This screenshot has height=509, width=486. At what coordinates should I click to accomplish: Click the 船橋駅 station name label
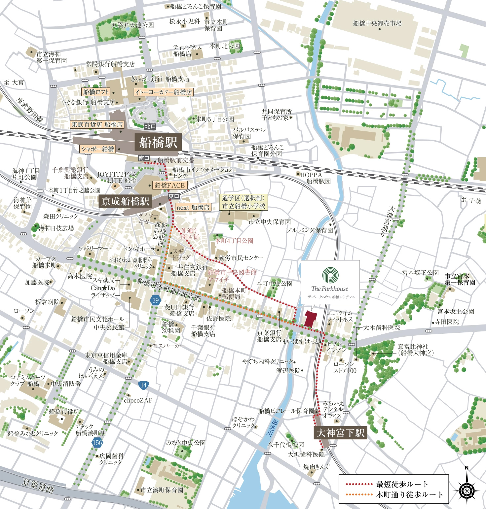pos(158,143)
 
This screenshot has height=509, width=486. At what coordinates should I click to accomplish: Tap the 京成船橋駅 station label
pos(126,201)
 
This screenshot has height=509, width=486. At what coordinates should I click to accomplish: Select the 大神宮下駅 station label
pos(340,433)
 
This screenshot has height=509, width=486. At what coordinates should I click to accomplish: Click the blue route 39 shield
pos(155,300)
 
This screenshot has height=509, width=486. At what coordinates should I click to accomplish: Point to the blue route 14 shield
pos(143,385)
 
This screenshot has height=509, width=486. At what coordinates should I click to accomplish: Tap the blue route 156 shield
pos(97,443)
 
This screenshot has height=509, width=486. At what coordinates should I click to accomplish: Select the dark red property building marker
pos(310,319)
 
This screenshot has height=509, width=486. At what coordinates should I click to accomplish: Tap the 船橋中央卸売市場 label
pos(377,23)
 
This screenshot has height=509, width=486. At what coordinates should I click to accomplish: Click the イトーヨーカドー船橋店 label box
pos(163,92)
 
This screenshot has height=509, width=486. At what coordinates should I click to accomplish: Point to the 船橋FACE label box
pos(170,185)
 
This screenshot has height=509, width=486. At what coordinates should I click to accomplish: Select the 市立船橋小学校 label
pos(243,206)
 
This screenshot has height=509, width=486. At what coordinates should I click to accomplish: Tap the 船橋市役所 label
pos(64,411)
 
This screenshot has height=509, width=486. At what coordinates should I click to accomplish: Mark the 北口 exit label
pos(150,126)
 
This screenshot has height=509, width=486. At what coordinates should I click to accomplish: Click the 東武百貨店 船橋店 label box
pos(97,124)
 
